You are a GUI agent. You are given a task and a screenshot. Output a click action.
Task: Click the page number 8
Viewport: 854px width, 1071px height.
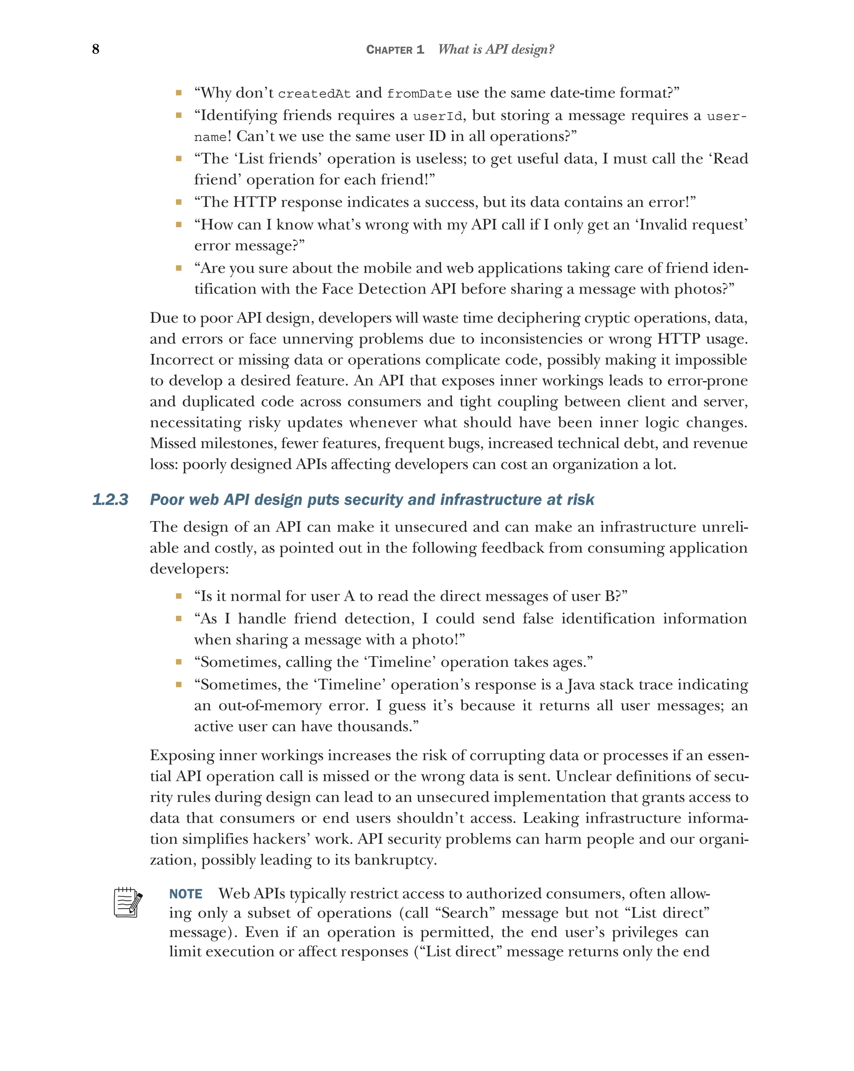click(95, 49)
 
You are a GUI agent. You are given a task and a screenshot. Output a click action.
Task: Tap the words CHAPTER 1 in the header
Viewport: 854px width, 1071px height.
click(394, 50)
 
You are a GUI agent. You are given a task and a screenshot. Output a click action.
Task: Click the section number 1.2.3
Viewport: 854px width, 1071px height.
click(110, 499)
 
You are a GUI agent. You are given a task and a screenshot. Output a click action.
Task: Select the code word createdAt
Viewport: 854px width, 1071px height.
click(314, 94)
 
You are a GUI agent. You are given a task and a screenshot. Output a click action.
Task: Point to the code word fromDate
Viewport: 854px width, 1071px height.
click(419, 94)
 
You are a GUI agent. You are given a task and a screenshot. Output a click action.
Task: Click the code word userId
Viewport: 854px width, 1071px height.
click(437, 116)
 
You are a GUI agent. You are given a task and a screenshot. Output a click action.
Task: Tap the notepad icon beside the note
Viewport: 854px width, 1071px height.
click(128, 902)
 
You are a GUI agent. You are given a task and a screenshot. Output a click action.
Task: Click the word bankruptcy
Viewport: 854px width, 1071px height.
click(394, 860)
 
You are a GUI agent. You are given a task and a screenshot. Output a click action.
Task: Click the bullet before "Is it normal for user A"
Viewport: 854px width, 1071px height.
click(178, 596)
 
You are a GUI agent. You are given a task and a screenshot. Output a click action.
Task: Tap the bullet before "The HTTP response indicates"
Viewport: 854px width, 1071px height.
click(178, 202)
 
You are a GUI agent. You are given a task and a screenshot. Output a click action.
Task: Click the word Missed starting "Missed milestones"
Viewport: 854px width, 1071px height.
click(173, 443)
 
